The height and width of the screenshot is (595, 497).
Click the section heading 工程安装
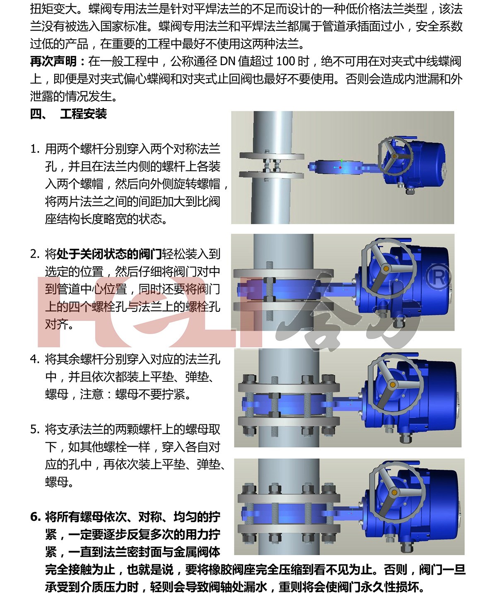pyautogui.click(x=83, y=114)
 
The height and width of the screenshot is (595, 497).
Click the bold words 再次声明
pyautogui.click(x=53, y=61)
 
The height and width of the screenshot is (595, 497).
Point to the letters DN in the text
pyautogui.click(x=227, y=61)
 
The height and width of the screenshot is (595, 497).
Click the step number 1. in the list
pyautogui.click(x=35, y=149)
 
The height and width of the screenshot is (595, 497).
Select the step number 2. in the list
pyautogui.click(x=35, y=254)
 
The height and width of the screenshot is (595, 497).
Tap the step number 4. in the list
pyautogui.click(x=35, y=359)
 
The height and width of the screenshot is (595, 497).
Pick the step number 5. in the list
pyautogui.click(x=35, y=429)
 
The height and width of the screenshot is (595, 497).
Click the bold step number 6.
pyautogui.click(x=36, y=517)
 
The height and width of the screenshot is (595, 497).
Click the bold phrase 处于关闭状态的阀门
pyautogui.click(x=109, y=254)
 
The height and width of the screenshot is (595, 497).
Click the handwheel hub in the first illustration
pyautogui.click(x=394, y=156)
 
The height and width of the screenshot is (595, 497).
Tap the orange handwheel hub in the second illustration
pyautogui.click(x=386, y=268)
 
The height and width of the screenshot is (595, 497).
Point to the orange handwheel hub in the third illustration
pyautogui.click(x=393, y=384)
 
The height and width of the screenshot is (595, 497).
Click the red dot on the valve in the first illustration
pyautogui.click(x=340, y=168)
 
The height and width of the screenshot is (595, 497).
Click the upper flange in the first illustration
pyautogui.click(x=272, y=156)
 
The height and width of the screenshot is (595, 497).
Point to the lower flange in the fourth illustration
pyautogui.click(x=289, y=529)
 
